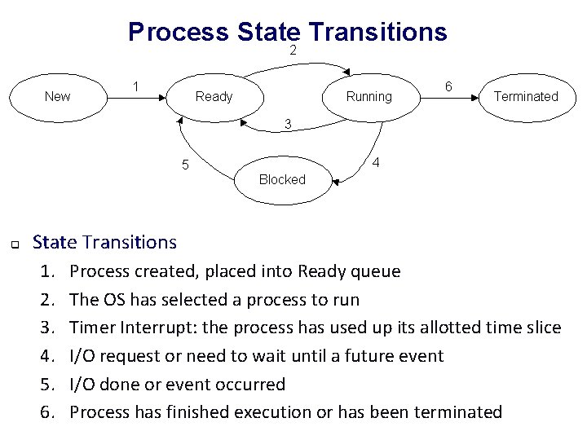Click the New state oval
[57, 96]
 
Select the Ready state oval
[214, 96]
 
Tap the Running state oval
[369, 96]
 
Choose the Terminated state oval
[526, 96]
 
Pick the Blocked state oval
[281, 179]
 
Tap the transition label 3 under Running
[288, 125]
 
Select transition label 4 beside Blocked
[375, 162]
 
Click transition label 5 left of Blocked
[185, 166]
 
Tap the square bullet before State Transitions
[14, 244]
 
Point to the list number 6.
[48, 412]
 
